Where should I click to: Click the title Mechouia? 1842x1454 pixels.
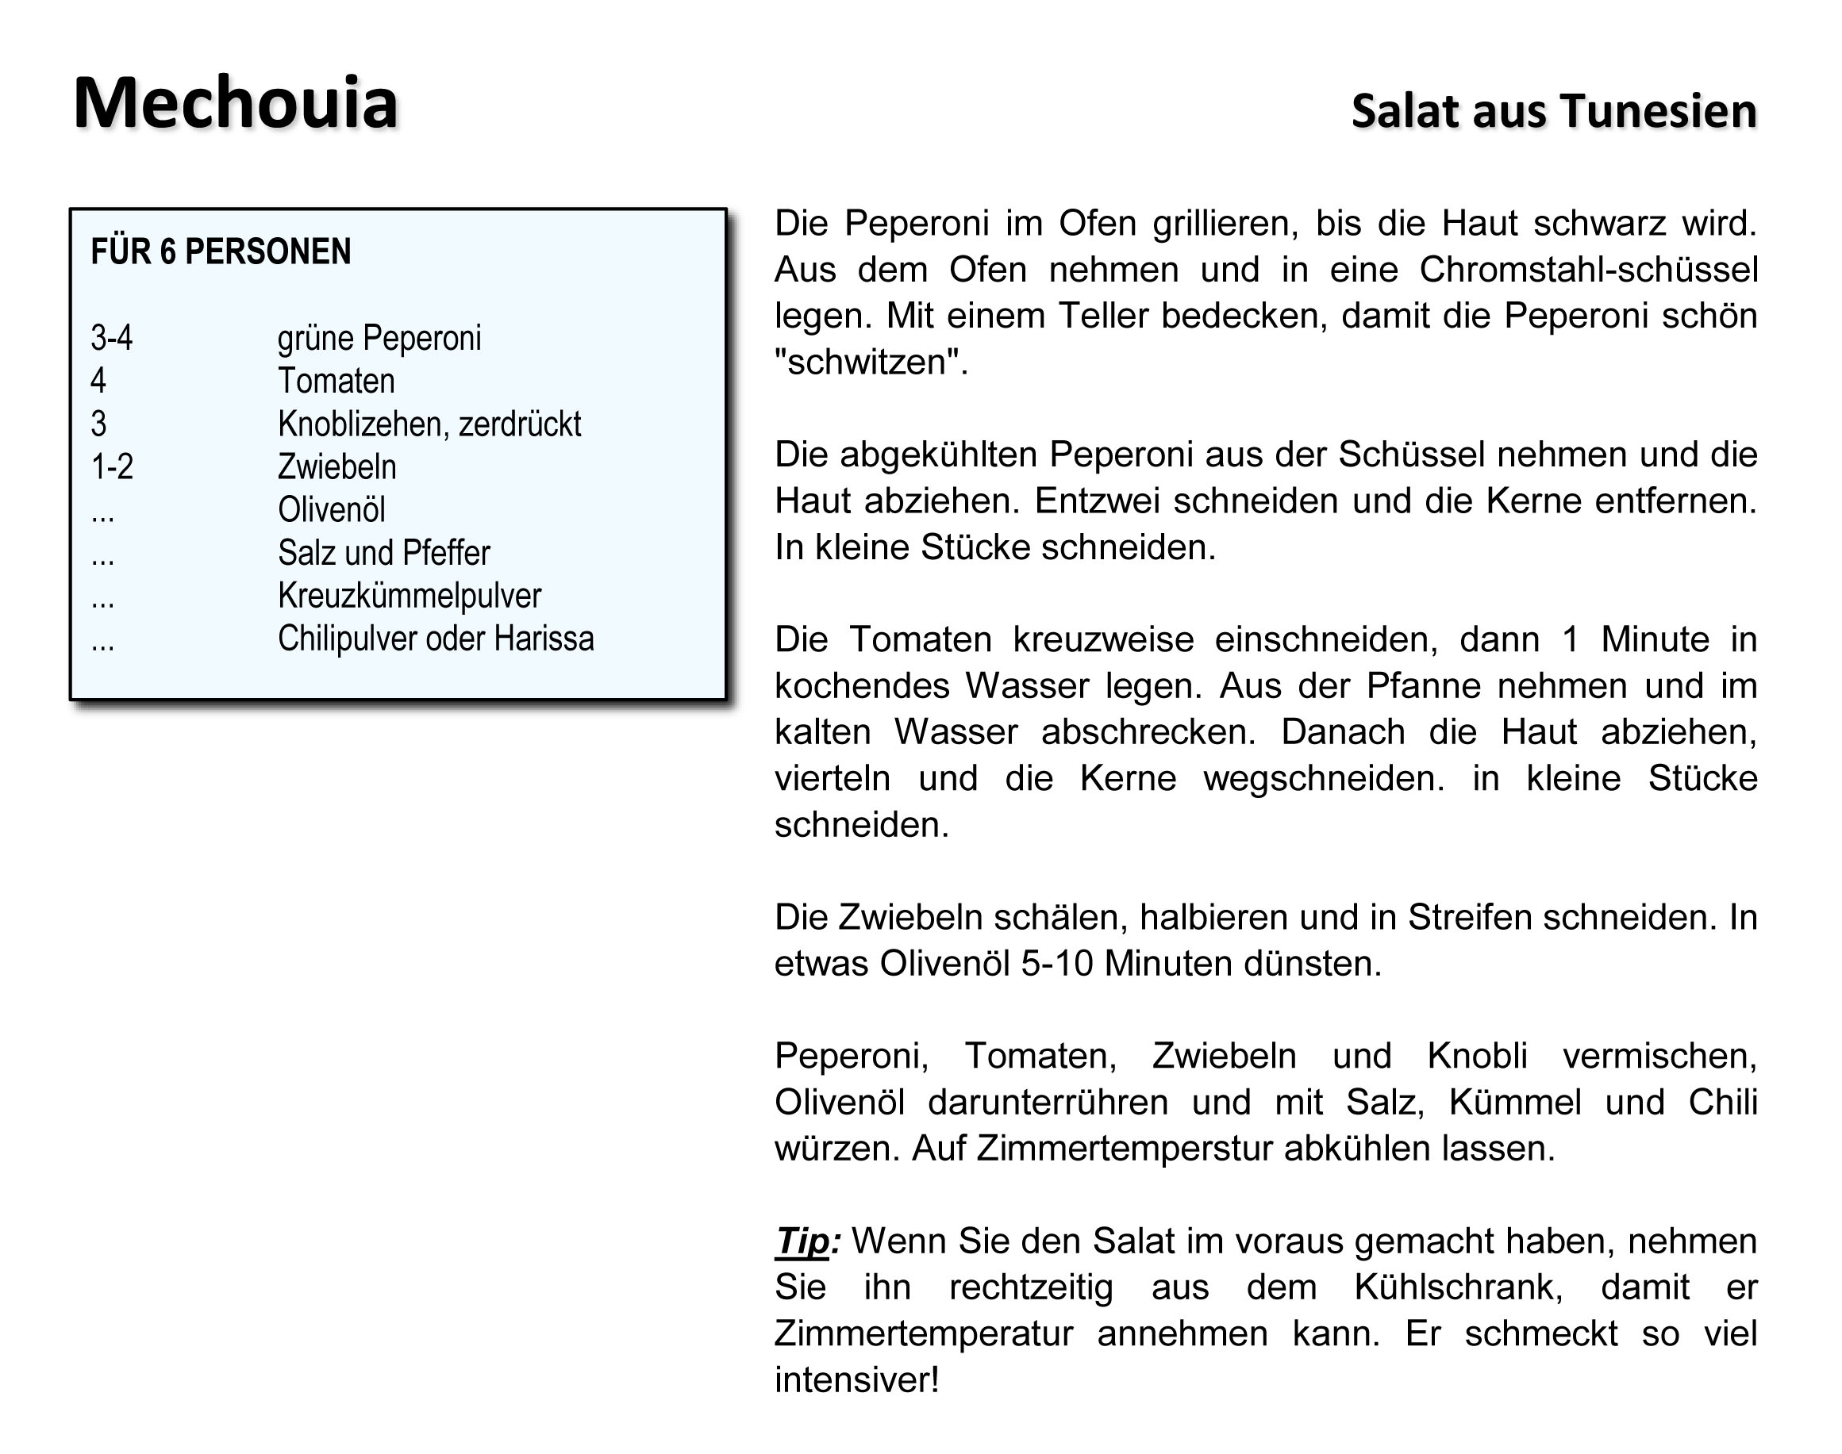[235, 104]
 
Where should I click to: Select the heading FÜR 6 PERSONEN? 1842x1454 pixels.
[221, 252]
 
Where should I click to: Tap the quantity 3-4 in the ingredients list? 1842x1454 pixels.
[112, 338]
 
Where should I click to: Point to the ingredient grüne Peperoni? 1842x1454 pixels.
[379, 338]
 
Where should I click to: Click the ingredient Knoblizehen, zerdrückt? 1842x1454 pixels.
[429, 424]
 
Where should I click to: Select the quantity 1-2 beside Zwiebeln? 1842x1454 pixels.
[112, 466]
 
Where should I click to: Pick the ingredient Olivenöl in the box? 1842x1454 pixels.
[331, 510]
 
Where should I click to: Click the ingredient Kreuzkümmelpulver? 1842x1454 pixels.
[409, 596]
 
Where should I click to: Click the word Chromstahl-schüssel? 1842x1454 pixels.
[1588, 270]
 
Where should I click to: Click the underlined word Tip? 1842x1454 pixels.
[802, 1242]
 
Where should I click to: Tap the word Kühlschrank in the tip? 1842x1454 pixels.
[1458, 1288]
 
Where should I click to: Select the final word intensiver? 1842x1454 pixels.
[856, 1380]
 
